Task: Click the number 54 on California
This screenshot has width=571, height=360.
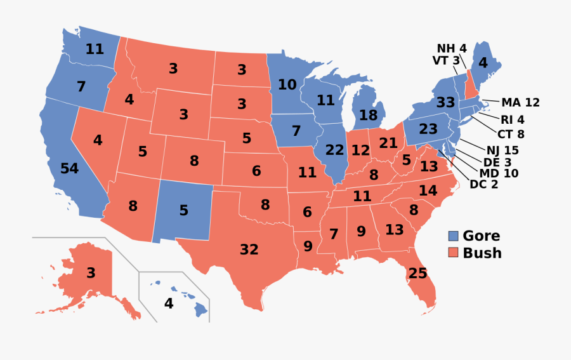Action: coord(69,169)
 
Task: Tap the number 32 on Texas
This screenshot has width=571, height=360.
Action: coord(249,250)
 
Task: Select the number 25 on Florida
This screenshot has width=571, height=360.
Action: coord(418,274)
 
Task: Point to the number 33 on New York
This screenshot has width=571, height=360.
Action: coord(445,102)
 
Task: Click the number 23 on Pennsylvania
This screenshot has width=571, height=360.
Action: coord(429,129)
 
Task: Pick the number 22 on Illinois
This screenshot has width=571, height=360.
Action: coord(334,150)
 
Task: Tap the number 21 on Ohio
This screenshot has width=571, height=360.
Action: coord(387,143)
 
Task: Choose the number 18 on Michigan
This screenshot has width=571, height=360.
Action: coord(369,116)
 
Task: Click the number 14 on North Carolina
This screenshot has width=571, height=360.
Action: coord(428,190)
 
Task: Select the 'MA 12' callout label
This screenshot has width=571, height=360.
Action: coord(520,103)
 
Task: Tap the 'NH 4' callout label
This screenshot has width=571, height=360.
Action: coord(451,49)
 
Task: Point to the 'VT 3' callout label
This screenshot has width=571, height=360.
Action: coord(446,61)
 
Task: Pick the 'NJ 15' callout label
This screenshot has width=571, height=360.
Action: coord(502,150)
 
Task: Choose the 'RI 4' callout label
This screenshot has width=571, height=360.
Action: coord(512,119)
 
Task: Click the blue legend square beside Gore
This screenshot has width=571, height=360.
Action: coord(454,236)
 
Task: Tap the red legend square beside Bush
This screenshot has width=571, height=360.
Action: coord(454,253)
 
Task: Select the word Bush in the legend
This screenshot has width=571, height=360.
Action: coord(482,253)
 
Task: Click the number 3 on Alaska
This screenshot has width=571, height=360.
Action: coord(91,273)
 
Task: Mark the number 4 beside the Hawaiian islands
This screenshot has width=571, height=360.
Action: coord(169,303)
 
